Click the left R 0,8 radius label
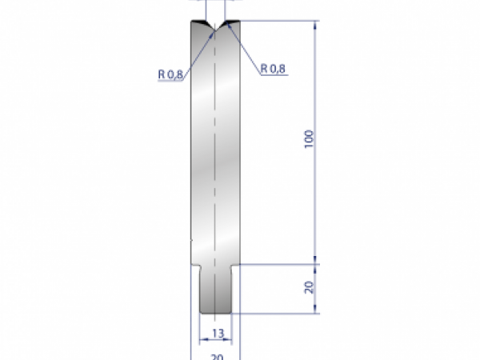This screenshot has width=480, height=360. coord(171,74)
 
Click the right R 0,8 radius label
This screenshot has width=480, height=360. coord(273,69)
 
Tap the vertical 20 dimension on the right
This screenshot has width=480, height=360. coord(310,287)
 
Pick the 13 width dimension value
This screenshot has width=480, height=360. coord(217,332)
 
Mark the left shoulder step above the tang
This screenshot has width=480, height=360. coord(195,265)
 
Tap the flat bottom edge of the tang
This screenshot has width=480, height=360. coord(217,313)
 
